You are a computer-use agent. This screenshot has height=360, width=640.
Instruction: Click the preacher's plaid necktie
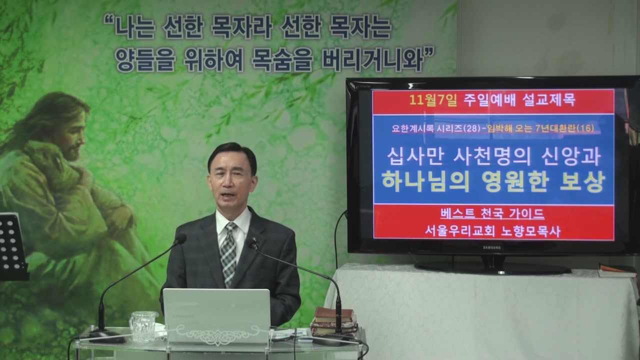point(228,253)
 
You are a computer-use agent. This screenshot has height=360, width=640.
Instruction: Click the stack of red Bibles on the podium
point(333,321)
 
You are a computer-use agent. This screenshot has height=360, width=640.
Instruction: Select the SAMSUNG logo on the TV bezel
point(492,247)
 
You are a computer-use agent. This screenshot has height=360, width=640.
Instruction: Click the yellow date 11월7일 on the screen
point(433,100)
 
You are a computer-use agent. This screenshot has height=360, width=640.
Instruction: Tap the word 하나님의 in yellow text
point(425,181)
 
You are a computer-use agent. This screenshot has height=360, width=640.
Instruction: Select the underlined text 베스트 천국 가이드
point(492,214)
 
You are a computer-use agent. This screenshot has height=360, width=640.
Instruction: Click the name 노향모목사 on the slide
point(530,231)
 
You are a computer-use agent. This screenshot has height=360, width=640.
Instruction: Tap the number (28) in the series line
point(471,129)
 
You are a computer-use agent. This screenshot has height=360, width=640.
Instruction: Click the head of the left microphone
point(181,238)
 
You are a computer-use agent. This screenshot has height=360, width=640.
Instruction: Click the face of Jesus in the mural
point(75,135)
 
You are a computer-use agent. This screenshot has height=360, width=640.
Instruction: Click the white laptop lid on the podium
point(216,315)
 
